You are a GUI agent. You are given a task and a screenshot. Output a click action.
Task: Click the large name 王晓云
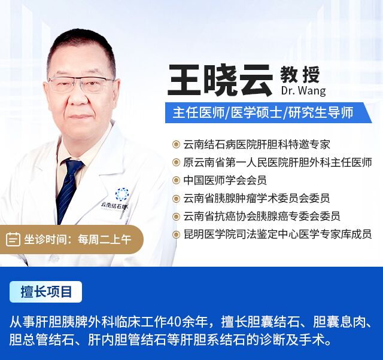click(220, 80)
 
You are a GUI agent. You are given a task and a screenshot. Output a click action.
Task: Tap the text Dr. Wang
click(303, 90)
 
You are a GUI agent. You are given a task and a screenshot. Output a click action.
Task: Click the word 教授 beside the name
click(300, 75)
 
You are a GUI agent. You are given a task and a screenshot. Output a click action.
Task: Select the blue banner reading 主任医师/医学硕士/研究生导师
click(268, 113)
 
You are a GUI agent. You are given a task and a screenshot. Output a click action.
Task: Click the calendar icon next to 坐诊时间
click(13, 239)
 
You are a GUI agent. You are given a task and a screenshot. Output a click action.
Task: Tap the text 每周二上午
click(105, 239)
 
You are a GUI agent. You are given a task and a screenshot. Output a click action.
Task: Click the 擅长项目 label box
click(45, 292)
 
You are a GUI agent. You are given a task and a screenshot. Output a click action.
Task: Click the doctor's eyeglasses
click(81, 84)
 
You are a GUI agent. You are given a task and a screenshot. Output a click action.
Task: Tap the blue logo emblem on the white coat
click(122, 194)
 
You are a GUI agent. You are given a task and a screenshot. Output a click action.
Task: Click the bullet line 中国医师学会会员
click(225, 181)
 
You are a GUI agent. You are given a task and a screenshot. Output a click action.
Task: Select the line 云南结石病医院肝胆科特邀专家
click(257, 145)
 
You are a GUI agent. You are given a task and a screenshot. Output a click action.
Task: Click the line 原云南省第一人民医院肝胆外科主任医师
click(278, 163)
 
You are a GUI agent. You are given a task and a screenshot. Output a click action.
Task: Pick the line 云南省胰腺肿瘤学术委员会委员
click(257, 199)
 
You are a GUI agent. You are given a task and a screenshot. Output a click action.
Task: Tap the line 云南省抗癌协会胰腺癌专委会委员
click(262, 216)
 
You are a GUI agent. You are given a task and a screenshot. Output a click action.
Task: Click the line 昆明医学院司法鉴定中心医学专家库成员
click(278, 234)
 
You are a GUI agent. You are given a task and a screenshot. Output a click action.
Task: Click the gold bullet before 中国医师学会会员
click(176, 181)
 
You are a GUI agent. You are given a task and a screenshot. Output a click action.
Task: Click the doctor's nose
click(78, 97)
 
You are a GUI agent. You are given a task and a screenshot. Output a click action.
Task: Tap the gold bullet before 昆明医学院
click(176, 235)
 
